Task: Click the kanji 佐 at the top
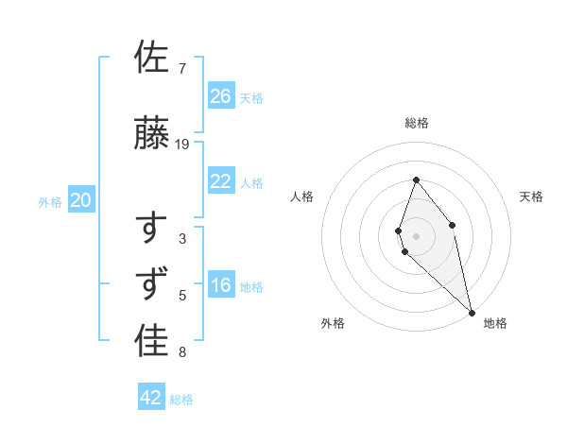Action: click(151, 57)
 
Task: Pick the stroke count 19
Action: click(182, 145)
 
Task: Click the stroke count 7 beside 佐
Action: click(181, 69)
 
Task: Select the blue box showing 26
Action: click(221, 96)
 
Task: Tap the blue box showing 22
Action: click(221, 181)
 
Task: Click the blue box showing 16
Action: click(221, 285)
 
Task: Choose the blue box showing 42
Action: click(151, 398)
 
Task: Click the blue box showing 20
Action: click(81, 200)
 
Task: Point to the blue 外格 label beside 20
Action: click(50, 201)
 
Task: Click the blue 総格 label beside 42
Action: click(181, 400)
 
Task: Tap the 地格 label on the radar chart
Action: click(495, 323)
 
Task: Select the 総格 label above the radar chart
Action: click(416, 123)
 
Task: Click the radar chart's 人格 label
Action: click(301, 196)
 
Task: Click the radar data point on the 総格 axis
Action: click(416, 179)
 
